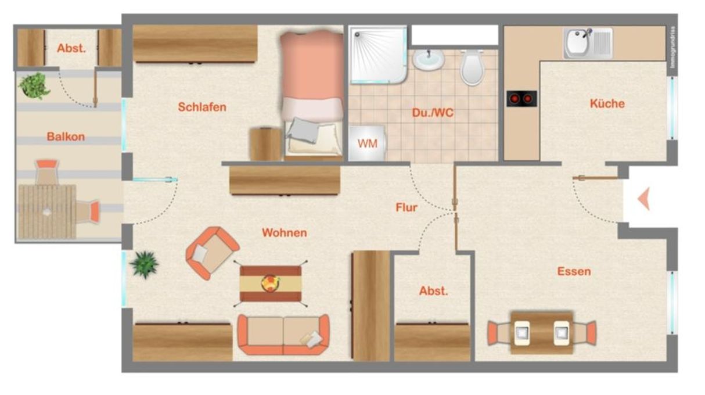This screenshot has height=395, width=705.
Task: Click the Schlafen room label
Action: coord(202,107)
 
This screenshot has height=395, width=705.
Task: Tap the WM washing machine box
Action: coord(366,143)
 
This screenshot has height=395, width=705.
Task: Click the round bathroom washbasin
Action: coord(429,59)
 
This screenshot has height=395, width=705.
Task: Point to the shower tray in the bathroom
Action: coord(377,53)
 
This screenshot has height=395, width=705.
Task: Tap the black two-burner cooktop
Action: coord(521,99)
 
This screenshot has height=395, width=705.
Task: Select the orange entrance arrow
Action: coord(643,199)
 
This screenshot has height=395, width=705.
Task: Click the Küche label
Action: coord(607,104)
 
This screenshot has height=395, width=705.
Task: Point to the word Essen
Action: coord(574,271)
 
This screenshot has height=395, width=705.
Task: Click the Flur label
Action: coord(406,207)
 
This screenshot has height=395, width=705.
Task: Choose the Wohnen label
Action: coord(284,233)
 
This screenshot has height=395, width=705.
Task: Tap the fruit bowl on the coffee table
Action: coord(271,283)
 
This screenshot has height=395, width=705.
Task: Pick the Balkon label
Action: coord(66,137)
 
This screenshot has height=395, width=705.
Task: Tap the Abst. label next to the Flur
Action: coord(433,291)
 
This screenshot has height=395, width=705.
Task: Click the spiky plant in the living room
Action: coord(144,264)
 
